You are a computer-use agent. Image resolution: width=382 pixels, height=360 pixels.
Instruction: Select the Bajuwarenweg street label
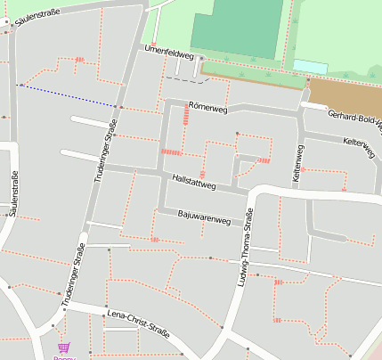(204, 216)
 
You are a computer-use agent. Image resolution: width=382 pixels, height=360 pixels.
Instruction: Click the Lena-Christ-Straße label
(138, 321)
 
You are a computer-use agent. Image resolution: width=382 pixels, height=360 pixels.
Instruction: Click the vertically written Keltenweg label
(297, 163)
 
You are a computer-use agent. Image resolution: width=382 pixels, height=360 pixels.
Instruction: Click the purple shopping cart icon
(63, 348)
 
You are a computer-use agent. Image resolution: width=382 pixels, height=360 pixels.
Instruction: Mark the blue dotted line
(67, 95)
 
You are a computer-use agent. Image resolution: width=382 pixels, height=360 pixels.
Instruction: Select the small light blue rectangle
(309, 66)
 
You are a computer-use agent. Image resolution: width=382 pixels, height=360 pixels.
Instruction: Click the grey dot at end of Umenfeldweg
(201, 59)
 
